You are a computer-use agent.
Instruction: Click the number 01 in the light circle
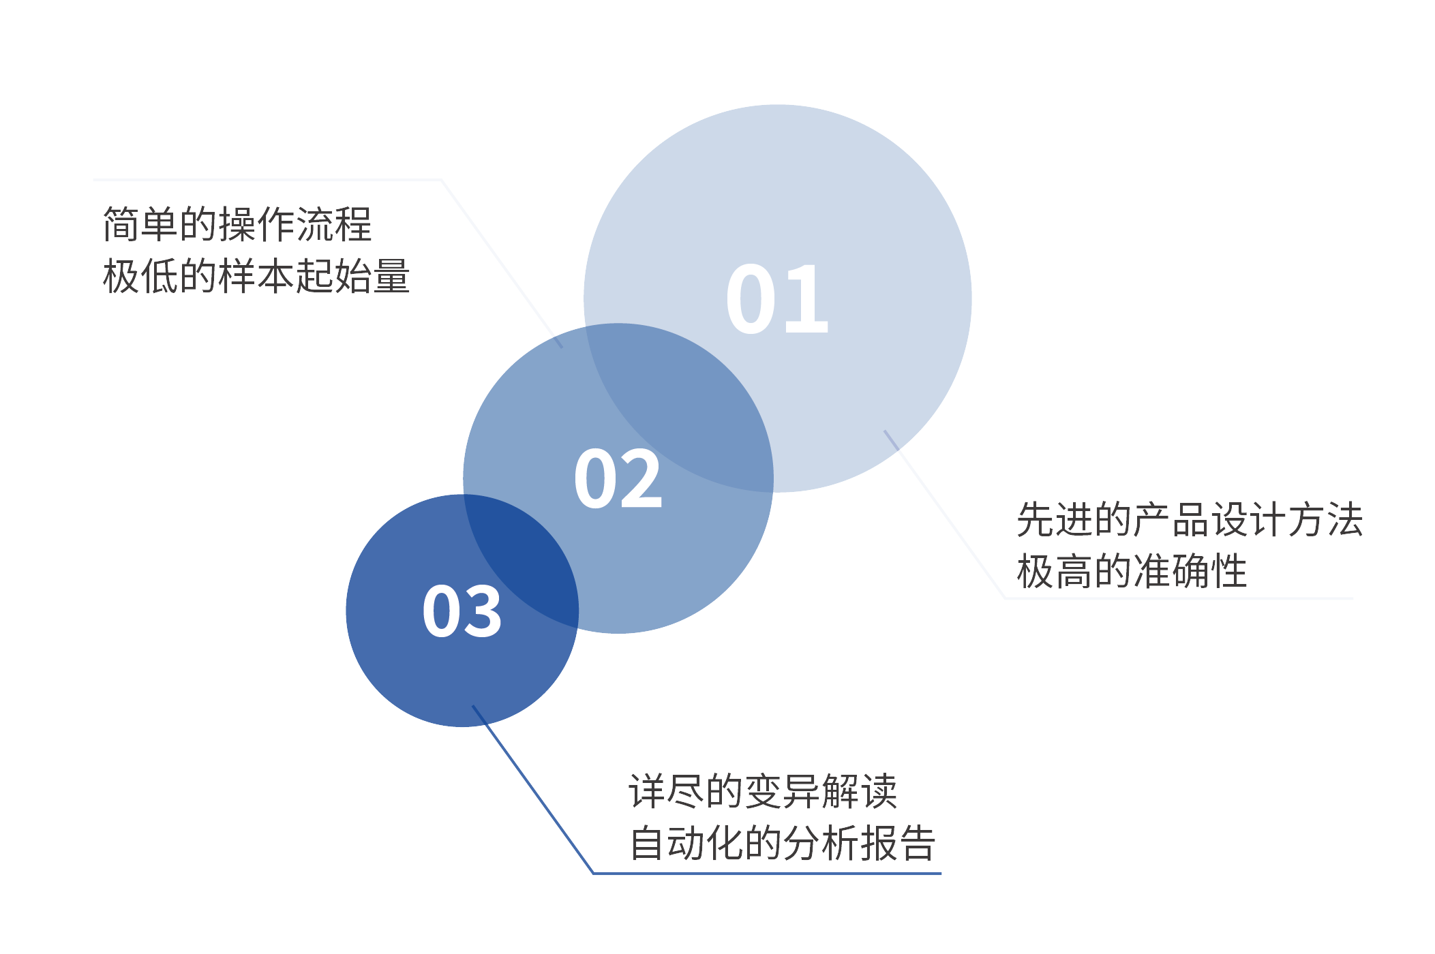coord(777,300)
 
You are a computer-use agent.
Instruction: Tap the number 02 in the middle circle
coord(618,479)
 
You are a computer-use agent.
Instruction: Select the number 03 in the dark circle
coord(462,611)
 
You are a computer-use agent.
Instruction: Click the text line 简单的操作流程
coord(237,224)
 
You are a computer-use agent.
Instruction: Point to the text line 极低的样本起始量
coord(256,276)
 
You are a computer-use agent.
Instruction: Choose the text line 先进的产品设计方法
coord(1190,519)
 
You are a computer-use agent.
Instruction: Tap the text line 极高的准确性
coord(1132,571)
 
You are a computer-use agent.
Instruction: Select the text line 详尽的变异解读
coord(763,791)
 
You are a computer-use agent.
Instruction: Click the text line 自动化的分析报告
coord(782,843)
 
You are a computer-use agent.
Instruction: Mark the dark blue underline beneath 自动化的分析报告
coord(767,873)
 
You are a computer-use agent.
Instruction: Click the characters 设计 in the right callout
coord(1248,519)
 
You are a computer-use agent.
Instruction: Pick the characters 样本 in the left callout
coord(256,276)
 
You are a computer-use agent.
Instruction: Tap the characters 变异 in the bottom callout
coord(782,791)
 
